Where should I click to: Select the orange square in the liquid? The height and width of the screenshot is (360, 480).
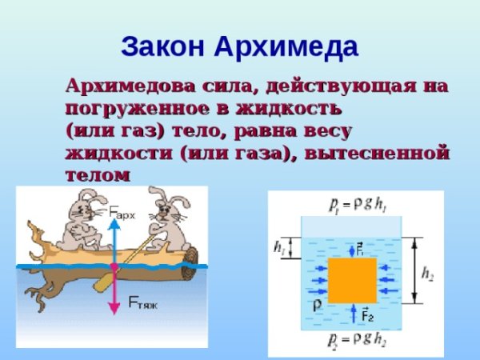351,280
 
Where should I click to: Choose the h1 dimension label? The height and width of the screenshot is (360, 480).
278,249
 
